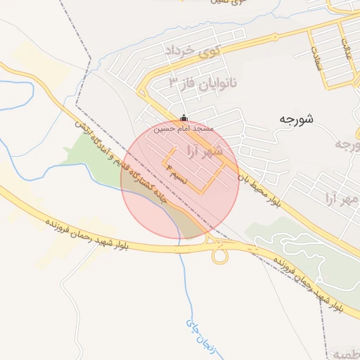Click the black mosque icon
click(184, 117)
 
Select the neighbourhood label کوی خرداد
click(192, 50)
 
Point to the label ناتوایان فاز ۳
click(203, 82)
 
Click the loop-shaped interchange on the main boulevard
click(220, 255)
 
